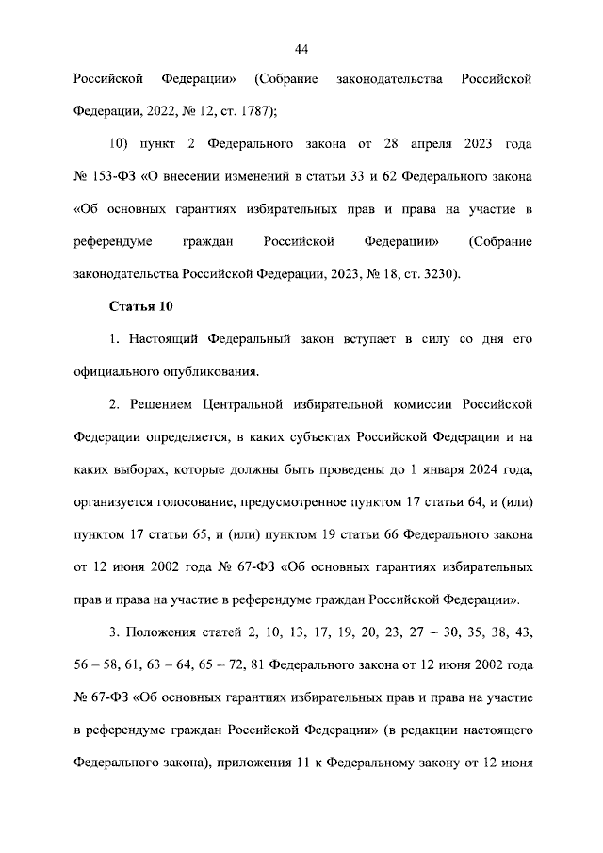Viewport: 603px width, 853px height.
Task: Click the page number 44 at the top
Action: pos(301,50)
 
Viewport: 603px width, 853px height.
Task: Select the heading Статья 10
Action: pos(141,307)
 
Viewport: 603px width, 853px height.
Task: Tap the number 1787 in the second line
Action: pos(253,110)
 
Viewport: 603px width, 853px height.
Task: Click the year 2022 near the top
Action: pos(163,110)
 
